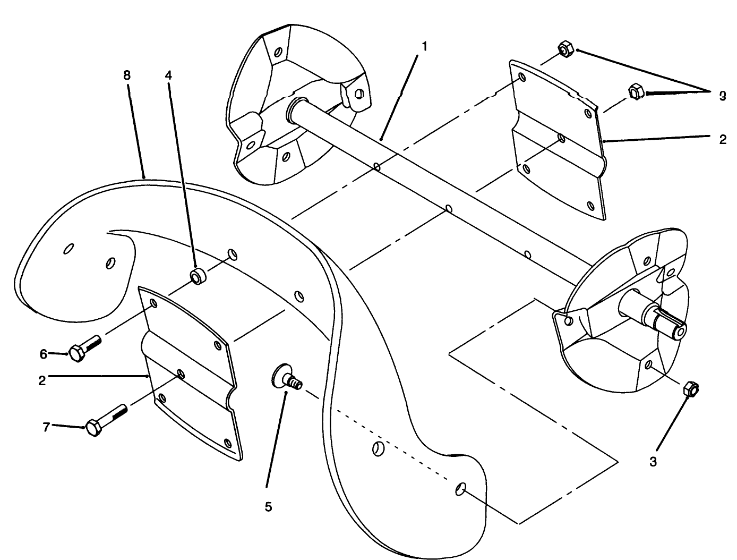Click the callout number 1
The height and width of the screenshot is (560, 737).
424,46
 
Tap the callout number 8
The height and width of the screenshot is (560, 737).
126,75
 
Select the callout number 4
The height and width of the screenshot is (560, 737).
168,75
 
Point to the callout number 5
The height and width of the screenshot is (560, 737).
268,507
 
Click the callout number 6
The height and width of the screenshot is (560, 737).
44,353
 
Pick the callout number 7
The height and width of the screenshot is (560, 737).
46,426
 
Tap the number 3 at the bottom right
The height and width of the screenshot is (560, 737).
653,462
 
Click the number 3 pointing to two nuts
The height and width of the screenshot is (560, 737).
722,96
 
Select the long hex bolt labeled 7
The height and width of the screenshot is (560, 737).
106,420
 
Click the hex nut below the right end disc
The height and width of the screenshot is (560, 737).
691,389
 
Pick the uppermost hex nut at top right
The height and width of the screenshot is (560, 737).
564,50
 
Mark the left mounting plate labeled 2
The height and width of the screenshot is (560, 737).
188,372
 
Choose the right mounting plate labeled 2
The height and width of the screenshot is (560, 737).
558,138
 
